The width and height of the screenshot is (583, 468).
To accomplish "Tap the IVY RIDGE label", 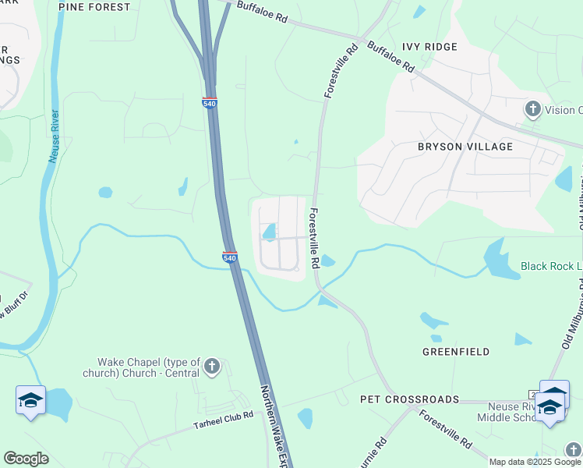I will [429, 47].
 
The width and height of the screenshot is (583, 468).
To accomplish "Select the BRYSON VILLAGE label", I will [465, 147].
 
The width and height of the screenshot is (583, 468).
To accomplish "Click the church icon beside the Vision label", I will [533, 109].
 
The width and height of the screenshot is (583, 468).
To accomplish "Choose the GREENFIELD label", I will [456, 352].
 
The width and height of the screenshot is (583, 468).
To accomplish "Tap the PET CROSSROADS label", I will [409, 399].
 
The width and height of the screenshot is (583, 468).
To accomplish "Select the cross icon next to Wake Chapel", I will [210, 367].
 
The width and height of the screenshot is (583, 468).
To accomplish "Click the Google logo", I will [26, 459].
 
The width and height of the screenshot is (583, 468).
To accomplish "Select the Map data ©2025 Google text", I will [535, 462].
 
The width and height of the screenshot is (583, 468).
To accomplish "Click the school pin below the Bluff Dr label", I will [30, 401].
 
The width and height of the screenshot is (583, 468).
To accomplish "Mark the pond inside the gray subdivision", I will [270, 231].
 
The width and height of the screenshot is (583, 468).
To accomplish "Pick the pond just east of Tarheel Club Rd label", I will [305, 418].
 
